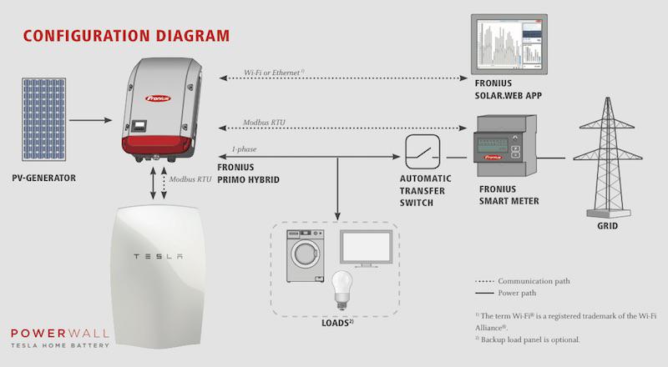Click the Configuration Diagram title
(x=127, y=35)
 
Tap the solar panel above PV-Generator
(x=44, y=119)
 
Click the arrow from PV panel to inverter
(x=90, y=120)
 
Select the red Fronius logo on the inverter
(x=158, y=98)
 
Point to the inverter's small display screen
(x=139, y=126)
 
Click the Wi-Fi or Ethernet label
(x=274, y=73)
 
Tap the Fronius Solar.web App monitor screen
(x=509, y=44)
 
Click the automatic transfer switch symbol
(x=423, y=152)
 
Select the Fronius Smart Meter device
(x=505, y=146)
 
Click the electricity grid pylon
(x=608, y=158)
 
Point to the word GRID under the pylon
(x=608, y=226)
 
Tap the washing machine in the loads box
(x=305, y=256)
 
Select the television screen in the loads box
(x=366, y=249)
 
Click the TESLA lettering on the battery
(x=159, y=256)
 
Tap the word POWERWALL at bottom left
(x=60, y=333)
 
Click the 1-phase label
(x=244, y=149)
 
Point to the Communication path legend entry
(x=523, y=281)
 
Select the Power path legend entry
(x=506, y=293)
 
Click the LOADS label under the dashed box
(x=338, y=323)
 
